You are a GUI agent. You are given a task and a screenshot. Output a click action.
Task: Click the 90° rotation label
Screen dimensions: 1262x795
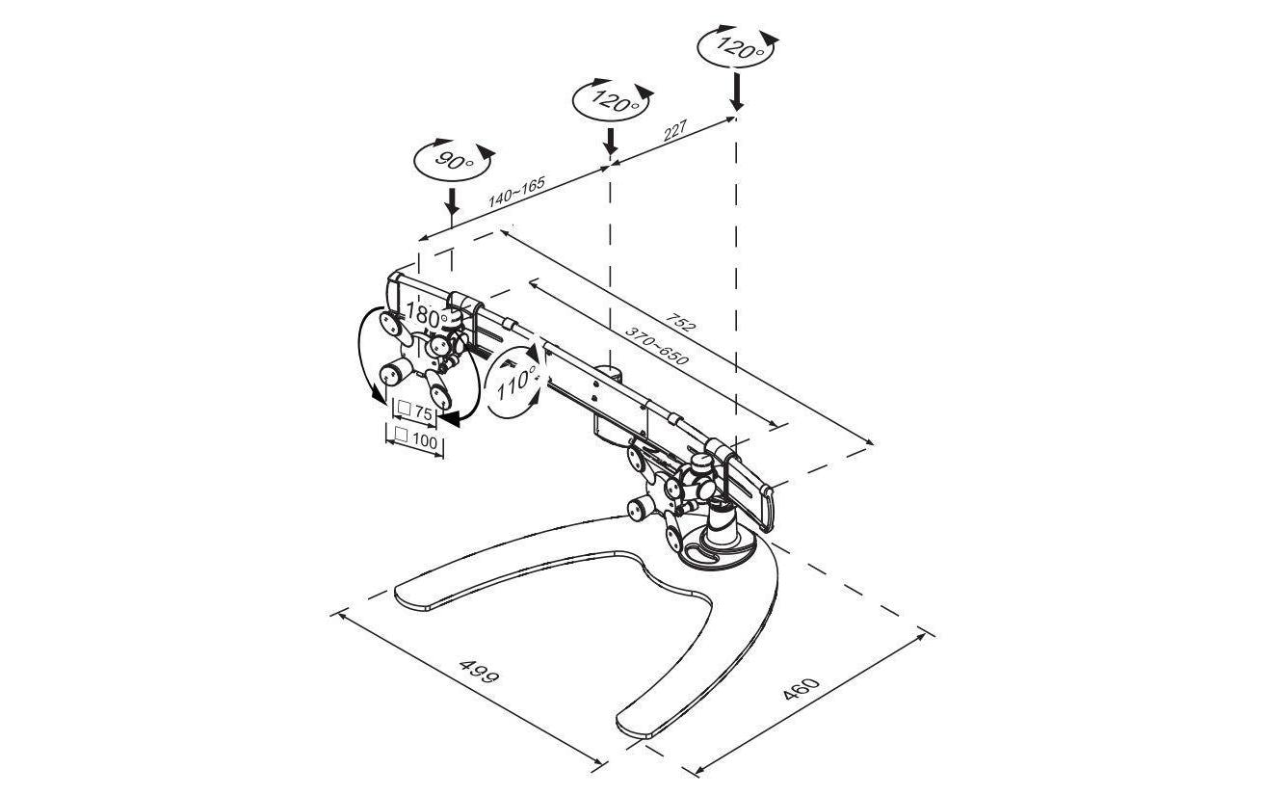pyautogui.click(x=454, y=162)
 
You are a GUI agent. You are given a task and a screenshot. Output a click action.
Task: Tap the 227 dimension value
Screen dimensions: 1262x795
pyautogui.click(x=675, y=131)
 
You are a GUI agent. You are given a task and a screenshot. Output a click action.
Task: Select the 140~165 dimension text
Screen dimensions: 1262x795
pyautogui.click(x=516, y=192)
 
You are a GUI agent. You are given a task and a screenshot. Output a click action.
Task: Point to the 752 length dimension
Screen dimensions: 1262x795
pyautogui.click(x=681, y=321)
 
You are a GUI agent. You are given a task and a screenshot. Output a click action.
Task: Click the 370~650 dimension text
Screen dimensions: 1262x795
pyautogui.click(x=656, y=344)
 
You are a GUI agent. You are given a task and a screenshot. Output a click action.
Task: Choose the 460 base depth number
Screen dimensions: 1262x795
pyautogui.click(x=801, y=689)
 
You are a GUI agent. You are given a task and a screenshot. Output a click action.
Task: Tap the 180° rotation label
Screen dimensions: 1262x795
pyautogui.click(x=427, y=314)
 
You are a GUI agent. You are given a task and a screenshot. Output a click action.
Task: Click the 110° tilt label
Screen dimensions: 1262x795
pyautogui.click(x=516, y=382)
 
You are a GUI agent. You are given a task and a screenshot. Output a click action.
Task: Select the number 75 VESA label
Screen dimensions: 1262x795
pyautogui.click(x=423, y=413)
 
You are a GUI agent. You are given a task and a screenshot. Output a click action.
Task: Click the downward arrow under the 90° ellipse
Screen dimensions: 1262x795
pyautogui.click(x=451, y=201)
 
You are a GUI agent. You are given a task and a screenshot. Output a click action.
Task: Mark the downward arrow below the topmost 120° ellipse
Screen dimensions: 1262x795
pyautogui.click(x=736, y=91)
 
